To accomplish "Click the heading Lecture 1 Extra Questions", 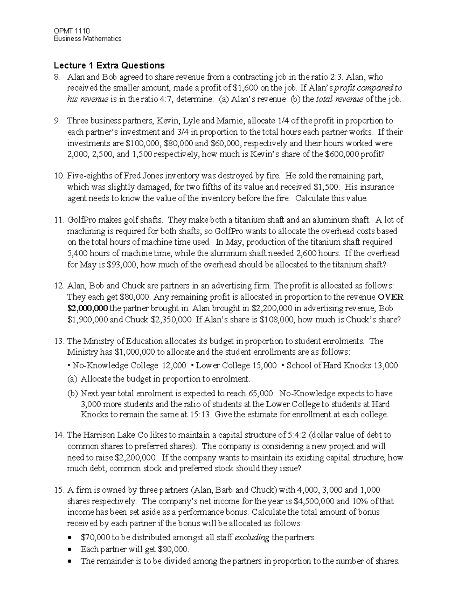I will pos(109,65).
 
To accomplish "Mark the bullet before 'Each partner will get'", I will pos(69,549).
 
